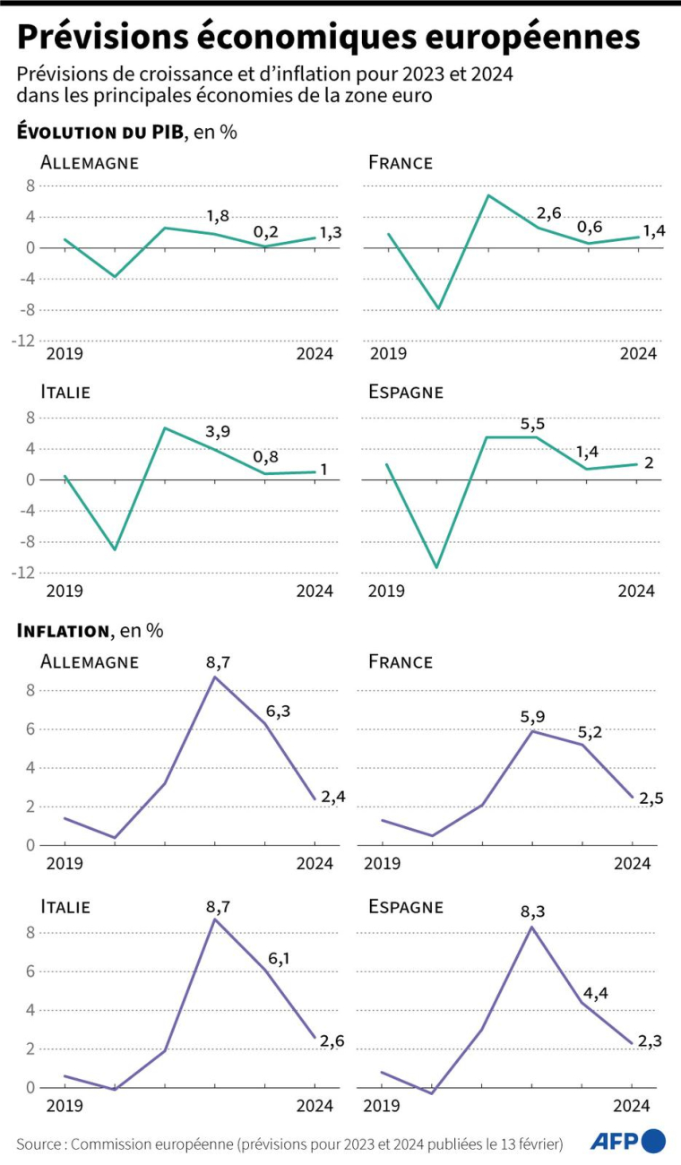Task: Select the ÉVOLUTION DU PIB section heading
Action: point(99,133)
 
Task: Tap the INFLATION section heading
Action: point(62,631)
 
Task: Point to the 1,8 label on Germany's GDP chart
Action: point(218,216)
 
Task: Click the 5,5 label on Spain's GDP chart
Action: point(534,422)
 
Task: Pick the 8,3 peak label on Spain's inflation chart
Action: point(532,911)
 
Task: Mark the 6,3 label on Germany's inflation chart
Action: point(276,711)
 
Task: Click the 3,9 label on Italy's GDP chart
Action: point(218,432)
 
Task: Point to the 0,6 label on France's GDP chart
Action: point(590,227)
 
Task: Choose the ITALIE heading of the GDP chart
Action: point(65,392)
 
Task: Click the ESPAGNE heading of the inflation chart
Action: point(406,906)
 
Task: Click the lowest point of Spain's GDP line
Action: point(436,567)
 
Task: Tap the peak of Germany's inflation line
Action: point(215,677)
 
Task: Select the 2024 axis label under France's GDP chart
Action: point(638,354)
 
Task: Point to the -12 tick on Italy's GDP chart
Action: point(24,573)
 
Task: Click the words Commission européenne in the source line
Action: point(149,1143)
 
